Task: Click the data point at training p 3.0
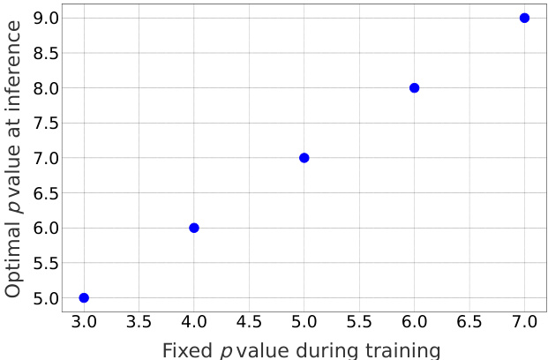point(84,297)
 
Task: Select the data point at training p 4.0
point(194,228)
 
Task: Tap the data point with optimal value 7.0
point(304,158)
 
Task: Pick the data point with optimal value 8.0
point(414,88)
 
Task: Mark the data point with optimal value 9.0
point(524,18)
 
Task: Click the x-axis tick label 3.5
point(139,323)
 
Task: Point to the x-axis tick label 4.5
point(249,323)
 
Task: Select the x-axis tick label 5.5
point(359,323)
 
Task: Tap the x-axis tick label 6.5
point(469,323)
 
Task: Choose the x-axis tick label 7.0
point(524,323)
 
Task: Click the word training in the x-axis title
point(402,350)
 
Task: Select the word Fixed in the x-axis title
point(187,349)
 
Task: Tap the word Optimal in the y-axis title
point(14,256)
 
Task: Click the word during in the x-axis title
point(324,349)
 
